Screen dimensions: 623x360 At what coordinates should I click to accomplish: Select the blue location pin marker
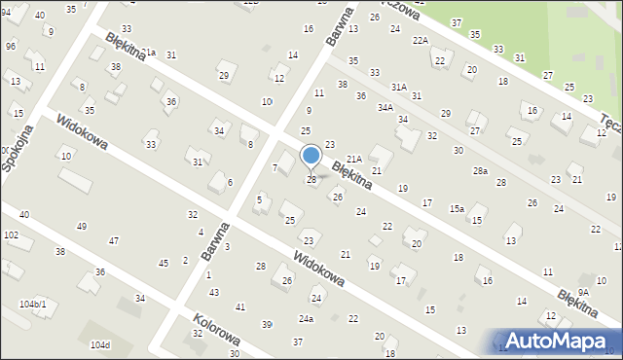pos(311,156)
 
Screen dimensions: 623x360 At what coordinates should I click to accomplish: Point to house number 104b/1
pos(32,305)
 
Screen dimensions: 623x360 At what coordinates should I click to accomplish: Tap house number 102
pos(11,234)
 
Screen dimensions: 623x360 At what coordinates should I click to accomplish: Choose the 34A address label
pos(385,107)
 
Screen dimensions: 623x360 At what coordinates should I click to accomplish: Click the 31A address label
pos(399,87)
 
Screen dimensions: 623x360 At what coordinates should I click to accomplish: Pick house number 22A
pos(421,40)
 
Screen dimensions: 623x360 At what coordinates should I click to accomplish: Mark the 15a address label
pos(456,208)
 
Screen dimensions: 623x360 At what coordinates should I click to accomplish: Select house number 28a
pos(480,170)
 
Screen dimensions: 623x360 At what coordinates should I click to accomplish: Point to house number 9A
pos(583,291)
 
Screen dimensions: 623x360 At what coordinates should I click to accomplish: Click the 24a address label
pos(307,318)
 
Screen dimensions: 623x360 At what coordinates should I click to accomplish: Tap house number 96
pos(10,46)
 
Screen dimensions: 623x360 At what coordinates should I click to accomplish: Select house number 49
pos(81,226)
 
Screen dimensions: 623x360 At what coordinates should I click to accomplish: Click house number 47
pos(114,240)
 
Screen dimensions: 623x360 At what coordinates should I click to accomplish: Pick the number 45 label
pos(164,262)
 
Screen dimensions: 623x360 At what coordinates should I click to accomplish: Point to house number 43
pos(213,292)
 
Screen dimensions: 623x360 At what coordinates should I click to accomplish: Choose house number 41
pos(239,306)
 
